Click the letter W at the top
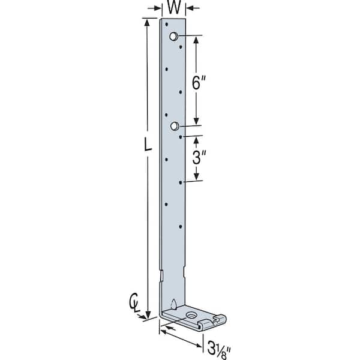click(x=174, y=7)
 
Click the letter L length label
click(x=148, y=144)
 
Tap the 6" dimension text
click(x=199, y=83)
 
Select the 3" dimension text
click(x=199, y=157)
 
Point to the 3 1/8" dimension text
click(x=219, y=349)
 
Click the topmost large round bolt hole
click(x=173, y=36)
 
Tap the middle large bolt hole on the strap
click(x=175, y=126)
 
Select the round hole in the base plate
click(x=190, y=315)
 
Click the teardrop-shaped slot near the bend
click(x=174, y=304)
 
